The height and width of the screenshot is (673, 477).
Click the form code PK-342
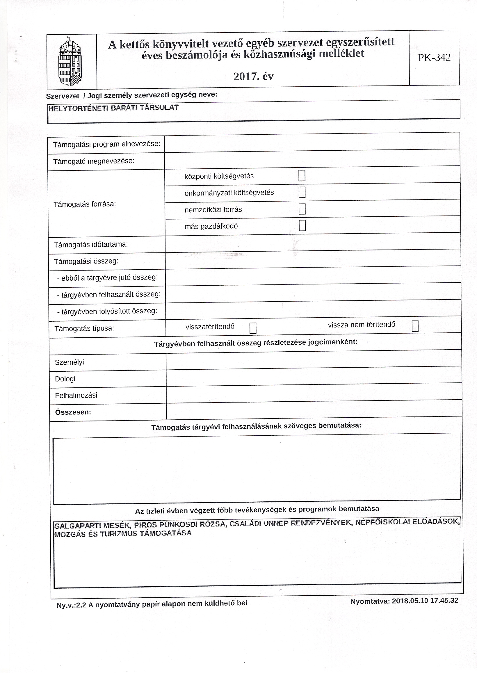pos(434,58)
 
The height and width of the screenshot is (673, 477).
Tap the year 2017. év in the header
pos(253,76)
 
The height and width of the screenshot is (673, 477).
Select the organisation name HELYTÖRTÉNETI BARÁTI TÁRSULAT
pos(113,108)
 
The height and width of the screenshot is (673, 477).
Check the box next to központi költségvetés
pos(302,176)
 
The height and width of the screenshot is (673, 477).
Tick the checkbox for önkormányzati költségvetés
pos(302,192)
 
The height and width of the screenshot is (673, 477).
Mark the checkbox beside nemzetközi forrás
pos(302,209)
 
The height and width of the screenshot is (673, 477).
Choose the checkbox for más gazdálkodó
pos(302,225)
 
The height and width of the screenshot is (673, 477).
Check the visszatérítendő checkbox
pos(252,328)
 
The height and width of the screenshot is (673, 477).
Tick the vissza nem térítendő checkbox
pos(415,326)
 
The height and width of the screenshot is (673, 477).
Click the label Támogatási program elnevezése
pos(107,144)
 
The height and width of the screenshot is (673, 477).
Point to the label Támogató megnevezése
pos(94,161)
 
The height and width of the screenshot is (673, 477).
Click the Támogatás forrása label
pos(85,204)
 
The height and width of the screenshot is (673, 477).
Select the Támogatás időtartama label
pos(91,244)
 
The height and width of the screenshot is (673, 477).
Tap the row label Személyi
pos(69,362)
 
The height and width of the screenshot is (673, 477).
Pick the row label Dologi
pos(65,379)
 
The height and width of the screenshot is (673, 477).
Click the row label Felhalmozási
pos(76,395)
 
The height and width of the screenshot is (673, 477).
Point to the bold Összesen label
pos(73,412)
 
